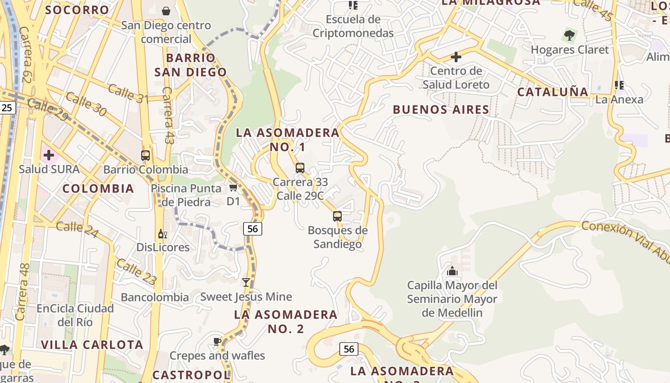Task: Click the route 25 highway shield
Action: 7,108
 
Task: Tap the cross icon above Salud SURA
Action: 49,155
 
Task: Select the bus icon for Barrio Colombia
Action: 145,156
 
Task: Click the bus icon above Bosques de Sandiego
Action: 337,216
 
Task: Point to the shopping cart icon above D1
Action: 233,188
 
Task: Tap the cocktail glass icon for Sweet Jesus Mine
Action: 246,282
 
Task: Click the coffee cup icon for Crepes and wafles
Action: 217,341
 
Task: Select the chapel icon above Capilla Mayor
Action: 452,271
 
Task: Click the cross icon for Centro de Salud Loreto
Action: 456,57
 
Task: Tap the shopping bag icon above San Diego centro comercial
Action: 166,11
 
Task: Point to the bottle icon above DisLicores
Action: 163,234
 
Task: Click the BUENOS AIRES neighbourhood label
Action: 441,110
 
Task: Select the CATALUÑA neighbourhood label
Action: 553,92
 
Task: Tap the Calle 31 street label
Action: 128,92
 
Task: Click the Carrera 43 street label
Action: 167,115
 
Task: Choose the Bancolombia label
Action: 155,297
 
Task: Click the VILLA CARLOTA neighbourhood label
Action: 92,345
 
